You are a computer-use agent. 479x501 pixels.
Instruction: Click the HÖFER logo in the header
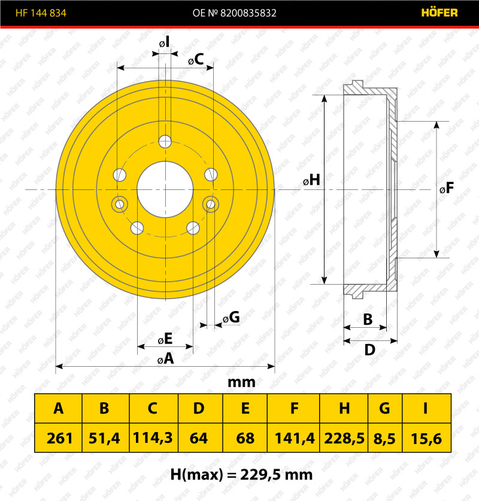(439, 13)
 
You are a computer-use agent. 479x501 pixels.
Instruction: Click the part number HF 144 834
(41, 13)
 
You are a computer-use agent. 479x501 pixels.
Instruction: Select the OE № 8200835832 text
(234, 13)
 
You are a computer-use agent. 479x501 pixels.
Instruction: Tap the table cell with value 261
(59, 437)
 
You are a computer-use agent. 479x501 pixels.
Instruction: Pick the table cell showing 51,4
(106, 437)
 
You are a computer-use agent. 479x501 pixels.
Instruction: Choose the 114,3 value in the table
(154, 437)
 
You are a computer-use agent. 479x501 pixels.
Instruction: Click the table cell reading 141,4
(293, 437)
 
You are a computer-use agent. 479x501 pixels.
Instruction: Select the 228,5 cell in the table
(344, 437)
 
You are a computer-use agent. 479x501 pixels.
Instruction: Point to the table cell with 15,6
(427, 437)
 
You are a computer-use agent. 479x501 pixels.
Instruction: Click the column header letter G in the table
(384, 408)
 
